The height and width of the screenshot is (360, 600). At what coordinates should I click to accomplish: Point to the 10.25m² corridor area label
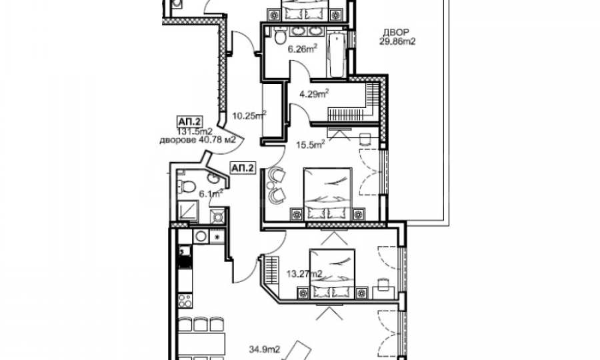[249, 115]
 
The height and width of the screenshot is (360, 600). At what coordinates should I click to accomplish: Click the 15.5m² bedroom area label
[311, 145]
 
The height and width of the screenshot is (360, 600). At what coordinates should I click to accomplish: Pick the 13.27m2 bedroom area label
[304, 273]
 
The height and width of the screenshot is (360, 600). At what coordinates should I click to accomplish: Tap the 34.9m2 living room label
[265, 349]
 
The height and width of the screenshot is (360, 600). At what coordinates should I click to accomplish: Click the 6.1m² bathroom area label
[211, 193]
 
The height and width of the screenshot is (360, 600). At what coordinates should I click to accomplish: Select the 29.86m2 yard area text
[397, 41]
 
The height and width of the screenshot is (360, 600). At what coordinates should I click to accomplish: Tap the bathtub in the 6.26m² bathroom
[337, 55]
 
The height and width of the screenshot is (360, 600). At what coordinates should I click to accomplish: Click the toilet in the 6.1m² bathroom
[187, 186]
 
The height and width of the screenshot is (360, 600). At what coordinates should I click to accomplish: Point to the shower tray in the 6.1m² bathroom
[188, 212]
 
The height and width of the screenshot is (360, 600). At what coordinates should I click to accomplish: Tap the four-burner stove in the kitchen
[185, 300]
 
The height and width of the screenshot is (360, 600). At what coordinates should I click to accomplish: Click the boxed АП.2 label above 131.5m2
[189, 122]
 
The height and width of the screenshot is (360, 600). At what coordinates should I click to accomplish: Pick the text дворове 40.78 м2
[197, 140]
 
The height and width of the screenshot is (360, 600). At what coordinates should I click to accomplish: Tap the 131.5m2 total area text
[195, 132]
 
